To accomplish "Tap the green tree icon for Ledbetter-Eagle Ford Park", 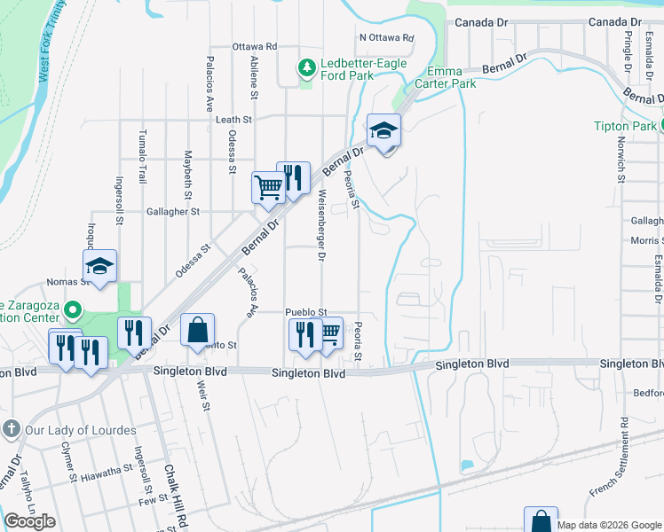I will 306,66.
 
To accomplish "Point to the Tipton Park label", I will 625,126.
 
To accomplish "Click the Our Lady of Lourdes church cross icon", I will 11,430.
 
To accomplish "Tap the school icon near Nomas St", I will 100,265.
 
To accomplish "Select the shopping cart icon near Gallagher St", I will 267,186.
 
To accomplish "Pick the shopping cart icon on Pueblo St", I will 329,332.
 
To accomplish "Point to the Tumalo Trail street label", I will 142,156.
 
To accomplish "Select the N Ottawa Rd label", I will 387,38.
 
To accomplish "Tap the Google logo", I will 30,521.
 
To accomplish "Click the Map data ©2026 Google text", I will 609,525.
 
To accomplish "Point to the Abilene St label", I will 254,75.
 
